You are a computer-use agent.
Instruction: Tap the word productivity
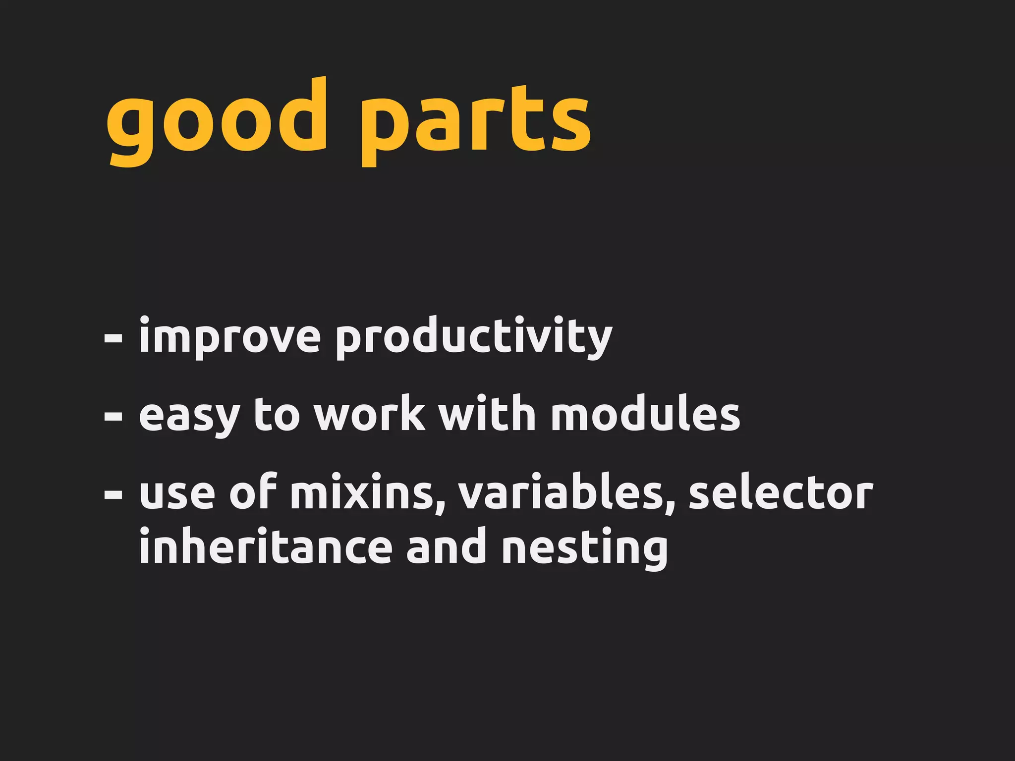[x=474, y=337]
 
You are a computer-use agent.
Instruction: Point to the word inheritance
[x=266, y=547]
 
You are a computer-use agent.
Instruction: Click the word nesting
[x=585, y=548]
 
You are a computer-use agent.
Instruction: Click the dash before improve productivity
[x=113, y=339]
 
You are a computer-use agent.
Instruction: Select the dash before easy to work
[x=113, y=417]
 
